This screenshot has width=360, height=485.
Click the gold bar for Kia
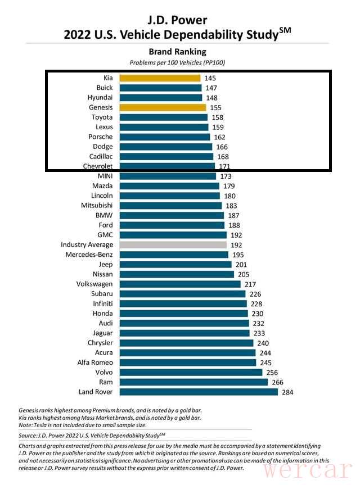click(x=160, y=78)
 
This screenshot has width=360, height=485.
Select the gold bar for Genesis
click(x=160, y=107)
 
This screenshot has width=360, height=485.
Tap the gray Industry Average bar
click(x=173, y=245)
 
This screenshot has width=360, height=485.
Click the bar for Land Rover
click(x=198, y=392)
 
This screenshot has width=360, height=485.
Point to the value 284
click(x=288, y=392)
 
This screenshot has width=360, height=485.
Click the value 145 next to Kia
click(x=210, y=78)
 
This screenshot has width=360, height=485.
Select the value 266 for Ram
click(x=278, y=382)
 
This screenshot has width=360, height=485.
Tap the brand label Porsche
click(x=101, y=137)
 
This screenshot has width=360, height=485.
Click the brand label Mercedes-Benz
click(x=89, y=255)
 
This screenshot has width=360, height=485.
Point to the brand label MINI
click(x=105, y=176)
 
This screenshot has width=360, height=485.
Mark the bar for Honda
click(x=183, y=314)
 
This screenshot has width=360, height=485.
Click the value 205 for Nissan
click(x=244, y=274)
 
